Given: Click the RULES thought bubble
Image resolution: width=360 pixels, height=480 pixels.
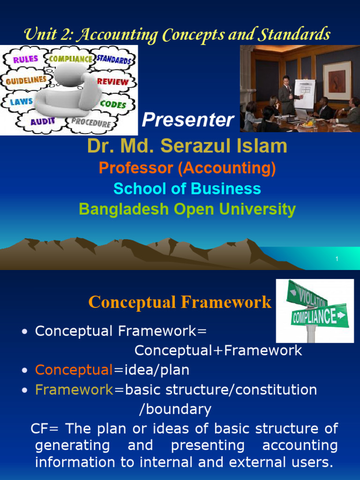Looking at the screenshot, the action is pyautogui.click(x=25, y=59).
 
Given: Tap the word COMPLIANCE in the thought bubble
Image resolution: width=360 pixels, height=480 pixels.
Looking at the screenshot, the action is pyautogui.click(x=70, y=59).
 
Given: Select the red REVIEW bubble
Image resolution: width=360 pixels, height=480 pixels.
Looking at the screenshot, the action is pyautogui.click(x=112, y=82).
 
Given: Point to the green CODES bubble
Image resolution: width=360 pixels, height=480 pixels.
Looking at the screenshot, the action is pyautogui.click(x=113, y=104).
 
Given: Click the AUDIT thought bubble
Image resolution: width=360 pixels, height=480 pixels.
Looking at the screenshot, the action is pyautogui.click(x=42, y=121).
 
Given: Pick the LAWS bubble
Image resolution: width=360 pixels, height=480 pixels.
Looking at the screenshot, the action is pyautogui.click(x=22, y=102).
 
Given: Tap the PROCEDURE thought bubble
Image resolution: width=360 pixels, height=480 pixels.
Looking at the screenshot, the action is pyautogui.click(x=91, y=122).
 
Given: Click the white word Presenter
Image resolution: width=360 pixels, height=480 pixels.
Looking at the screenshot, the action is pyautogui.click(x=187, y=120).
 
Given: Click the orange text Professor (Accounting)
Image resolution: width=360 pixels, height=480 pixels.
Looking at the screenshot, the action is pyautogui.click(x=187, y=168).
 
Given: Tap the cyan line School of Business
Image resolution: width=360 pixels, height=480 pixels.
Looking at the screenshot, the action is pyautogui.click(x=187, y=188).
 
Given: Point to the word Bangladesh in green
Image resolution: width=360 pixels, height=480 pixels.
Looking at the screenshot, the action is pyautogui.click(x=124, y=210).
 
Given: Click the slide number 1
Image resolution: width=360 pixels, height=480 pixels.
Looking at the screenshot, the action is pyautogui.click(x=337, y=259).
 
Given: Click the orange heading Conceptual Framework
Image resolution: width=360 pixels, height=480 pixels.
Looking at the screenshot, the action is pyautogui.click(x=180, y=302).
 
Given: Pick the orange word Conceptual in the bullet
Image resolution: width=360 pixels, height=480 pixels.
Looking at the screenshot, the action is pyautogui.click(x=74, y=370).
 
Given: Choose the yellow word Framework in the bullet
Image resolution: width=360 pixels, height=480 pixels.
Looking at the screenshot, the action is pyautogui.click(x=75, y=390).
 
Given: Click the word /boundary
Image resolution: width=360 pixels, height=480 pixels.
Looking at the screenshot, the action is pyautogui.click(x=175, y=409).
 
